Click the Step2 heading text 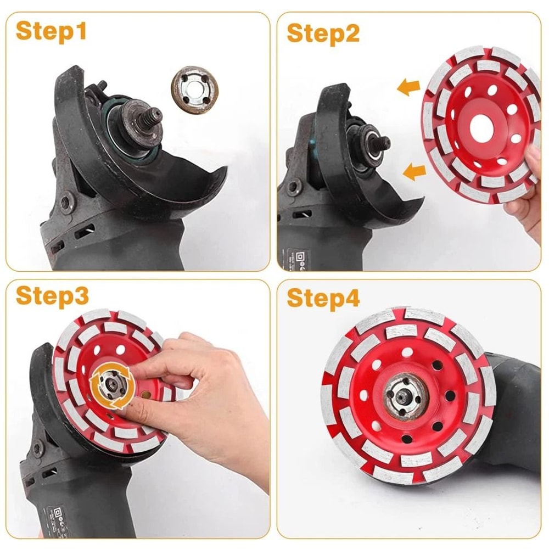point(323,33)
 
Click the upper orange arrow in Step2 point(408,87)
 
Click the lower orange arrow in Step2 point(414,172)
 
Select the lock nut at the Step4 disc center point(405,393)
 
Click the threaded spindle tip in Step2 point(383,143)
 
